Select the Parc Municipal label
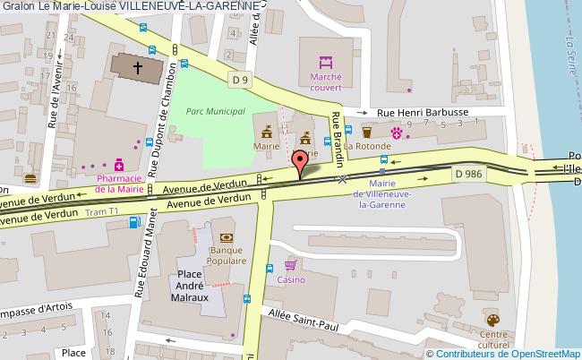click(x=216, y=111)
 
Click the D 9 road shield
click(x=240, y=81)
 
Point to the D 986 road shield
click(x=469, y=172)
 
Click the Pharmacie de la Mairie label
click(x=118, y=184)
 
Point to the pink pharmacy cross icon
click(x=117, y=165)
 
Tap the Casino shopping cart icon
click(x=290, y=265)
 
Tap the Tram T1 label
click(x=101, y=212)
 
